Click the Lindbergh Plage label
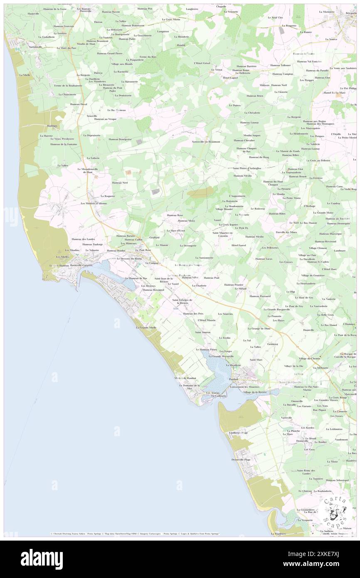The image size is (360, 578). [239, 432]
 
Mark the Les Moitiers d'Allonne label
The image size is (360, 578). [94, 203]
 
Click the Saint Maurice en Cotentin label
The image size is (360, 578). [223, 234]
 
